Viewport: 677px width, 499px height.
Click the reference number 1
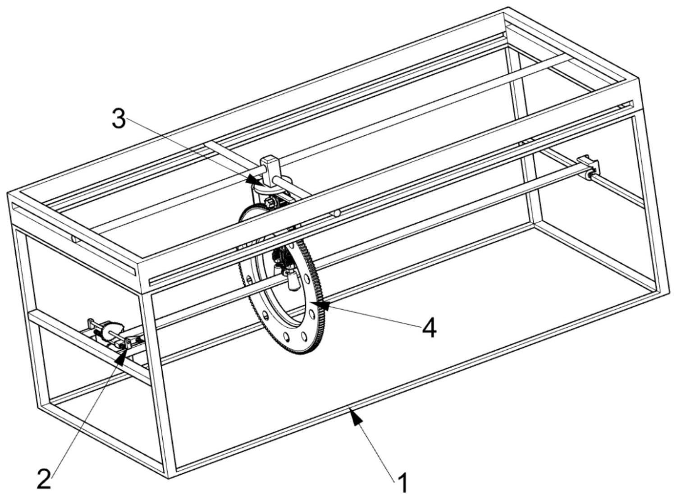pyautogui.click(x=403, y=484)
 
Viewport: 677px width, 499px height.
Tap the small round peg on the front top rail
pyautogui.click(x=338, y=213)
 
